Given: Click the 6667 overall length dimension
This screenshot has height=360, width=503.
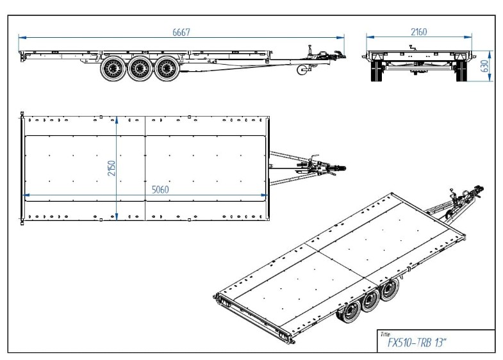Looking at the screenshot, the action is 181,33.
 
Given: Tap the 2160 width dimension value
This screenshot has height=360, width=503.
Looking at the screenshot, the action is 419,32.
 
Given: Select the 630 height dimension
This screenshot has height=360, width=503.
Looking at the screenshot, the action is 485,66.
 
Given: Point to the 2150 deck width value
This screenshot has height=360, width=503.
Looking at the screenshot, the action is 111,168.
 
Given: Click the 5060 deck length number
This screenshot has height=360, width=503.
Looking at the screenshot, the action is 160,190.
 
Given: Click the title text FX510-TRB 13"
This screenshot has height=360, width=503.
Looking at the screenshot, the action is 417,343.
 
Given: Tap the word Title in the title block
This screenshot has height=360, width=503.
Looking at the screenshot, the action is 385,334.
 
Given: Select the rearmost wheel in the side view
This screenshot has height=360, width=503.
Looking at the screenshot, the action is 113,69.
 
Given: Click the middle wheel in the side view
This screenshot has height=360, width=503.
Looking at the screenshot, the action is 140,69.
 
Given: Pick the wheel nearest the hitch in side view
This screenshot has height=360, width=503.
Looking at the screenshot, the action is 167,69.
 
